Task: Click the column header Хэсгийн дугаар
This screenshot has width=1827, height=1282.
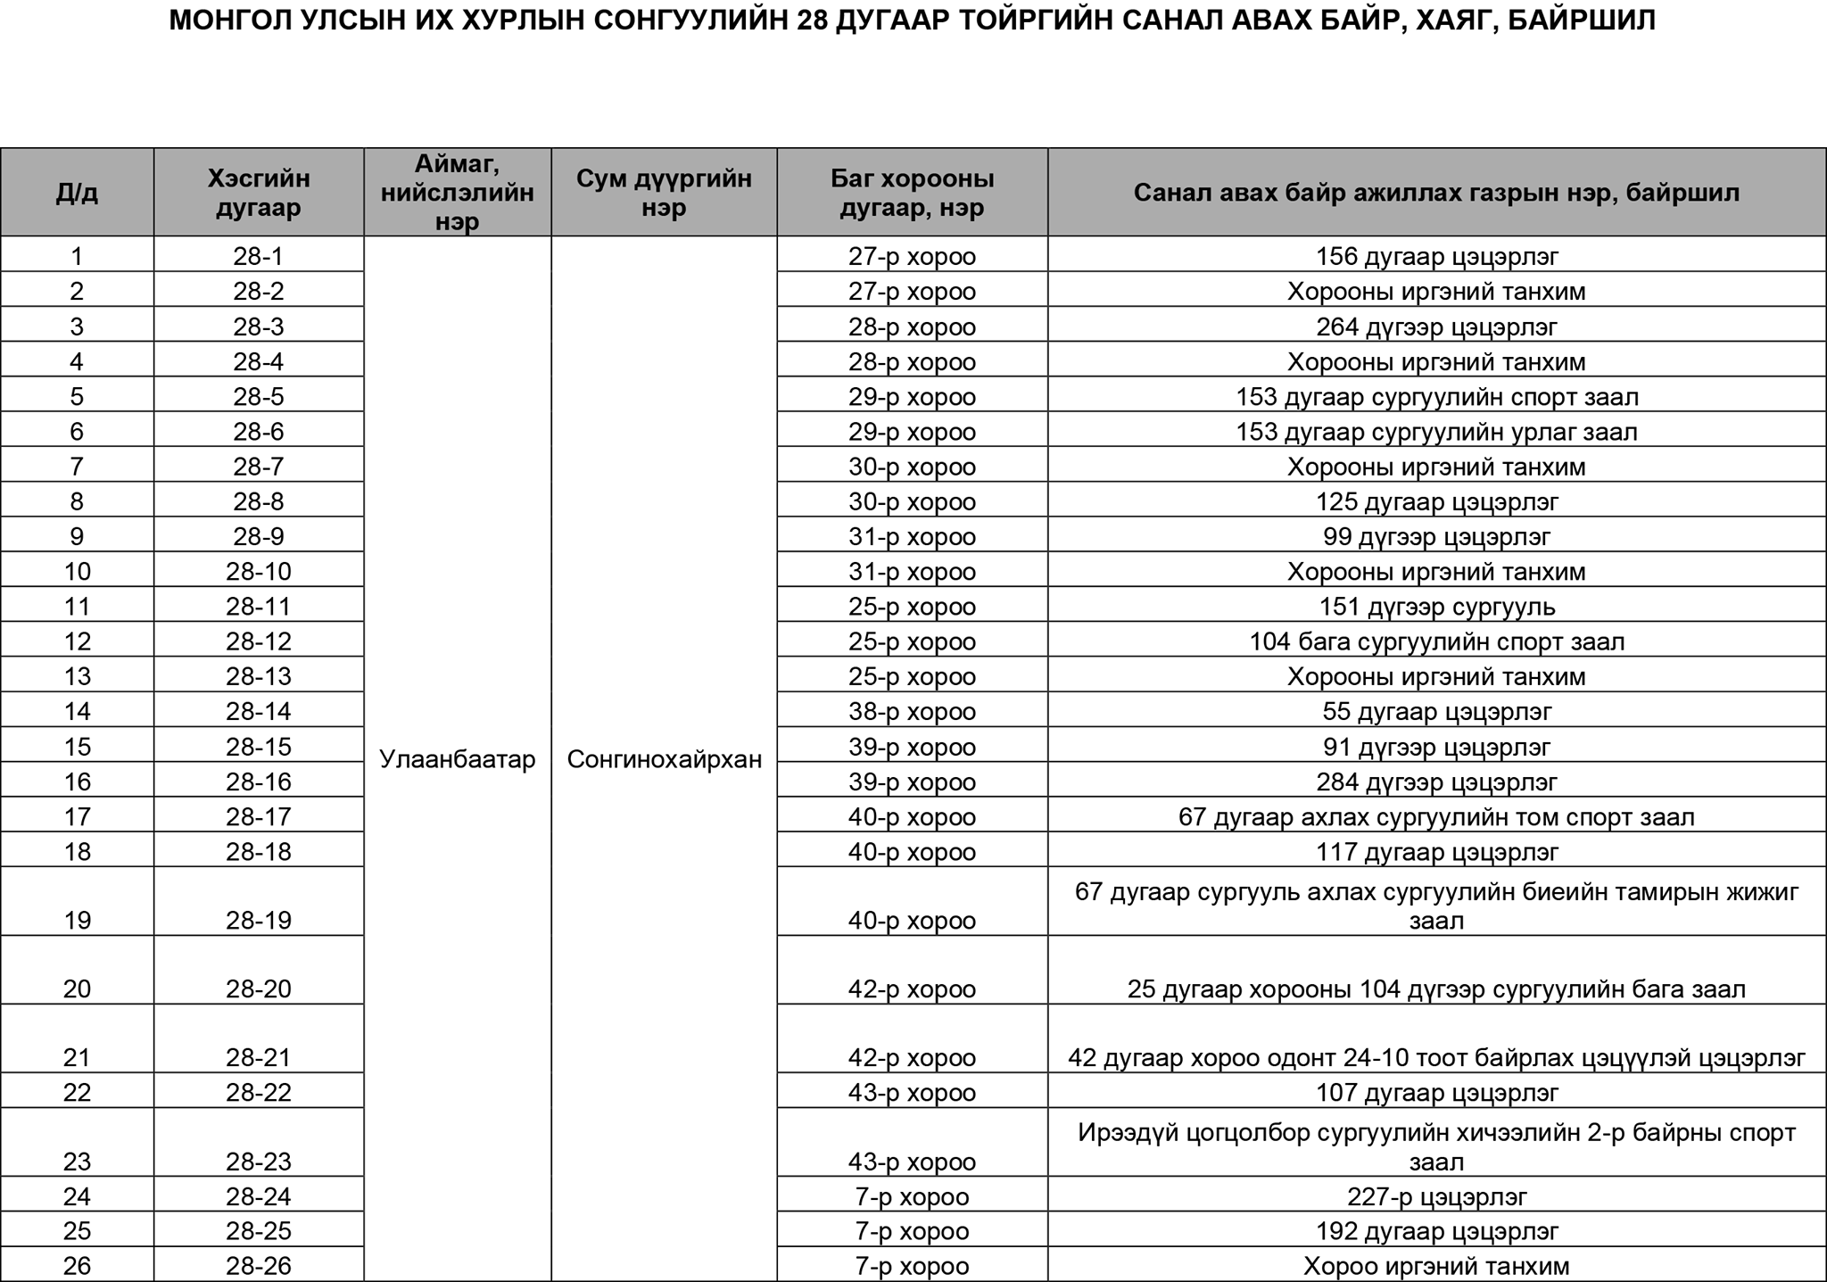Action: pyautogui.click(x=259, y=193)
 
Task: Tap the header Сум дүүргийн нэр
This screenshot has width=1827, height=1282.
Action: pyautogui.click(x=664, y=193)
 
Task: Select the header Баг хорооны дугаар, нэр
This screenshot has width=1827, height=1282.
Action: pyautogui.click(x=912, y=193)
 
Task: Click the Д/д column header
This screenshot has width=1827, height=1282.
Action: pyautogui.click(x=77, y=193)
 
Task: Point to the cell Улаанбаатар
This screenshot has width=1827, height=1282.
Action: pyautogui.click(x=457, y=759)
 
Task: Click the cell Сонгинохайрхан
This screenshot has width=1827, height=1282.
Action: pyautogui.click(x=664, y=759)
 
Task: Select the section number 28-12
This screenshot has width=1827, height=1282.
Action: pyautogui.click(x=259, y=641)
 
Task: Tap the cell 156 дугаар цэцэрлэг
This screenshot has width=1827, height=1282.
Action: pyautogui.click(x=1436, y=257)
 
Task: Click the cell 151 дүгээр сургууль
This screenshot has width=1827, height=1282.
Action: pyautogui.click(x=1436, y=607)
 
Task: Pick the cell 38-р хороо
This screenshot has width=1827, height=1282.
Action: pyautogui.click(x=912, y=712)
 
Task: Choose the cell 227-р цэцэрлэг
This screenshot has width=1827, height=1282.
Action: pyautogui.click(x=1436, y=1196)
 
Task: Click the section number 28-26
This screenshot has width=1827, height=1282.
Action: pyautogui.click(x=259, y=1266)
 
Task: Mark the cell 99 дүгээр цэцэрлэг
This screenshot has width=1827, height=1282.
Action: pyautogui.click(x=1436, y=537)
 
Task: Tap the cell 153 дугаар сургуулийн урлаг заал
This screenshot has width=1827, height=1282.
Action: pyautogui.click(x=1436, y=432)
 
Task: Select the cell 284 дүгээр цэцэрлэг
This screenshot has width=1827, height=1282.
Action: pyautogui.click(x=1436, y=782)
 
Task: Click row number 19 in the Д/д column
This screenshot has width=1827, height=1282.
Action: pyautogui.click(x=77, y=920)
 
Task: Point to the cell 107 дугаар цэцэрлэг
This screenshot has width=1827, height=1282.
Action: pyautogui.click(x=1436, y=1093)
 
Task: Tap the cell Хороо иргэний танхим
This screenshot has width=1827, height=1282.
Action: pyautogui.click(x=1436, y=1266)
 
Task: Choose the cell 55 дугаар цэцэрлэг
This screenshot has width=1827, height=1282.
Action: pyautogui.click(x=1436, y=712)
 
